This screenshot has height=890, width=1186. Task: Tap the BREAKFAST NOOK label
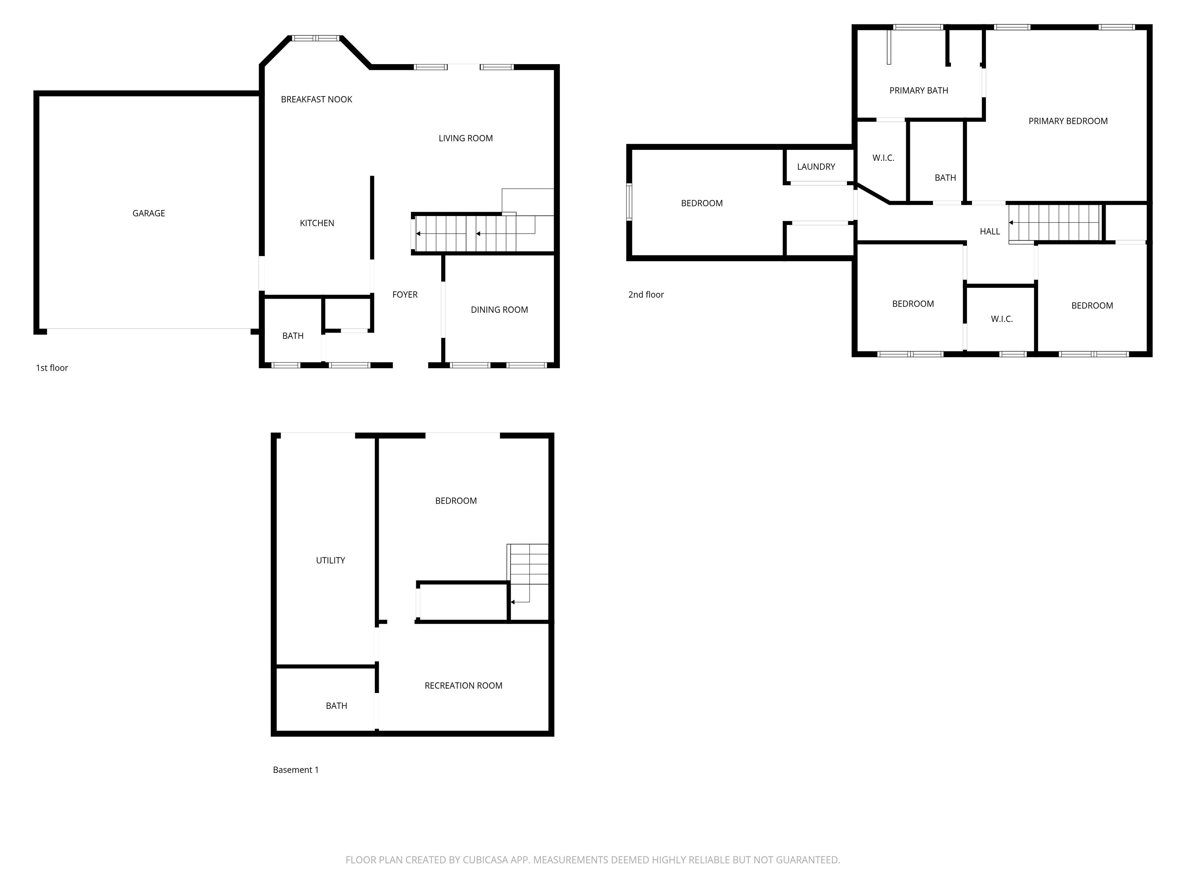(316, 99)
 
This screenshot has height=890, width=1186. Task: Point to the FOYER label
(405, 294)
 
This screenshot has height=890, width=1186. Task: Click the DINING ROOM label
(499, 309)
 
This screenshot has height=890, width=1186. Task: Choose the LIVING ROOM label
(465, 138)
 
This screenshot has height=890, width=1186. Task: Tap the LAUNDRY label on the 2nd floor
(815, 167)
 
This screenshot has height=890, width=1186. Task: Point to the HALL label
(989, 231)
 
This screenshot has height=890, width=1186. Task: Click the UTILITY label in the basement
(330, 560)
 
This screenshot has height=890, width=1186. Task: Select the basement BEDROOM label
(456, 501)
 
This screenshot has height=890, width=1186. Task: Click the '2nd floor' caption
(646, 294)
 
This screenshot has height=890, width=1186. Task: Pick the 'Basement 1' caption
(295, 770)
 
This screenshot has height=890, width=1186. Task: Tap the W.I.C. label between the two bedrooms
(1001, 319)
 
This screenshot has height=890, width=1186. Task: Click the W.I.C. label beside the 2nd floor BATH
(883, 158)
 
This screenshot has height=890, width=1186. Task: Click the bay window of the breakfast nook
(316, 38)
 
